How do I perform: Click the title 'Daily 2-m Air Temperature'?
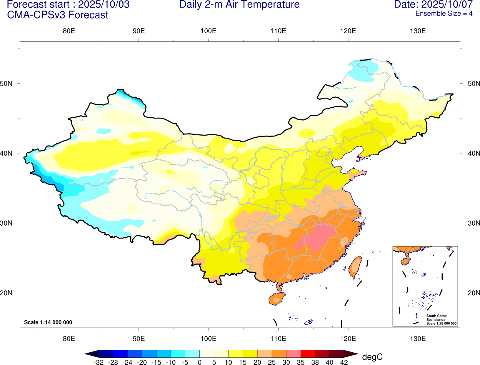coord(239,5)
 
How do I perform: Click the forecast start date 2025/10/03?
coord(104,5)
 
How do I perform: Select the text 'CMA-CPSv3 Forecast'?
coord(58,15)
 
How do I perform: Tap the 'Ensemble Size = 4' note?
coord(444,14)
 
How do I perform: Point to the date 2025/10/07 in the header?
coord(447,5)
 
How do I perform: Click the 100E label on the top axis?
coord(208,31)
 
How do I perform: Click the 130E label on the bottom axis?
coord(418,339)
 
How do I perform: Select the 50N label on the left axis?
coord(6,84)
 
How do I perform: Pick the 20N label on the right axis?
coord(474,293)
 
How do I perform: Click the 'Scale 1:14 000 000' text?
coord(48,322)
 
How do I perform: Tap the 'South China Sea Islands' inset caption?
coord(436,318)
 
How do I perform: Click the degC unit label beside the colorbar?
coord(372,357)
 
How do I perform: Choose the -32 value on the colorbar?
coord(99,362)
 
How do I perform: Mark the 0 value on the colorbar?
coord(200,362)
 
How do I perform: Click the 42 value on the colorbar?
coord(344,362)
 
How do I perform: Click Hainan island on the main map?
coord(276,299)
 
